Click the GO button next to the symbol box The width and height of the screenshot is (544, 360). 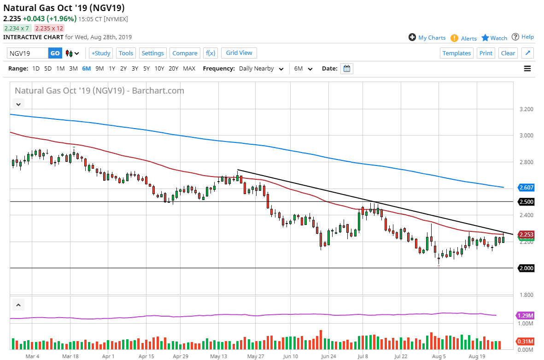click(55, 53)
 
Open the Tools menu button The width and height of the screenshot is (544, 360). click(126, 53)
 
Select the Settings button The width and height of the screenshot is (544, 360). click(152, 53)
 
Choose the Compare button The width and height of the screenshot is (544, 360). click(185, 53)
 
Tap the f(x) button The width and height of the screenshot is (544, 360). click(211, 53)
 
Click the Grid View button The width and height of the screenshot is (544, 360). click(239, 53)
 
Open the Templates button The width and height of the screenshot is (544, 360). click(456, 53)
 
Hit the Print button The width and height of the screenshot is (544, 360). click(486, 53)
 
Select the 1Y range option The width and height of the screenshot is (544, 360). click(112, 69)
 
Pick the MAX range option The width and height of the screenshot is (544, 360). click(189, 69)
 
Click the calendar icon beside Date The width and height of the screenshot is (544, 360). click(347, 69)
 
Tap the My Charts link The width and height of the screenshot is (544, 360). click(427, 38)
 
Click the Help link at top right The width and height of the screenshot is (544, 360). click(523, 37)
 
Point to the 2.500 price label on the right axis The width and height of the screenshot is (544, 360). click(526, 202)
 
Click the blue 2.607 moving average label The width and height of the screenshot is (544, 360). click(526, 188)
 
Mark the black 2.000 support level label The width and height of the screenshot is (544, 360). click(526, 268)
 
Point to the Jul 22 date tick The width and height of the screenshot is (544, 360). click(401, 356)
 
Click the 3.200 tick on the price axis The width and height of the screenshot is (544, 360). click(526, 109)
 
